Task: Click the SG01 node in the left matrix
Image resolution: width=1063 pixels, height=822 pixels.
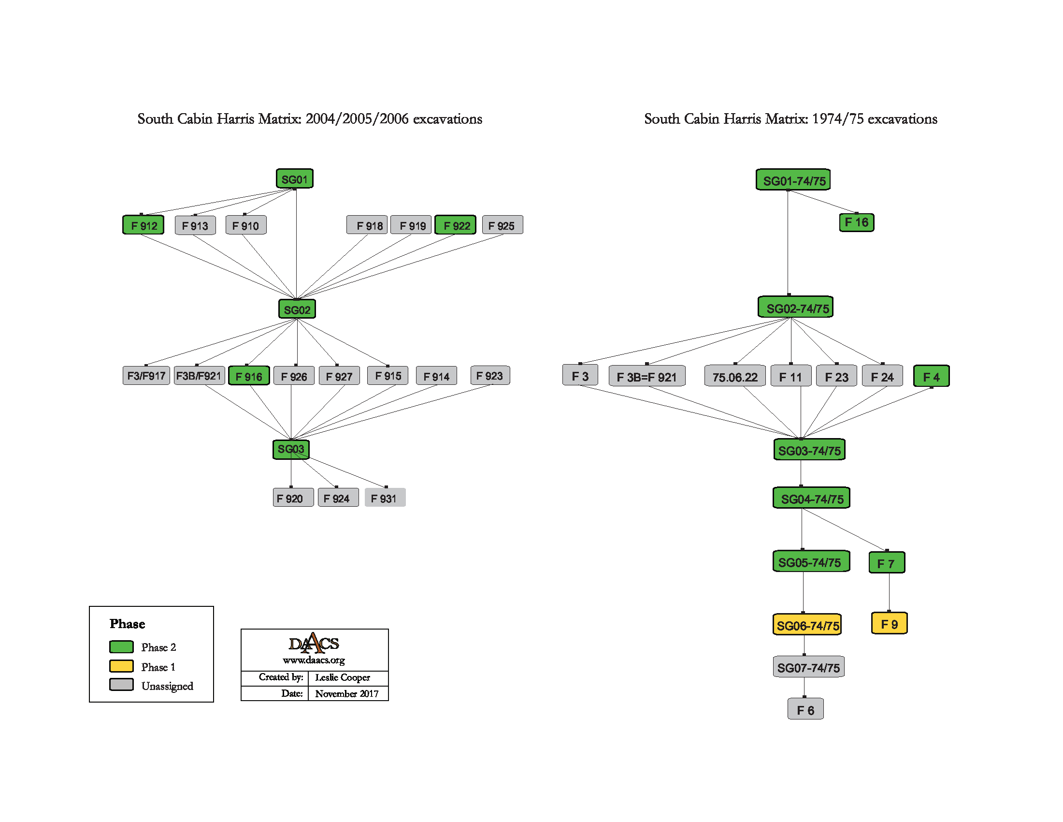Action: coord(294,179)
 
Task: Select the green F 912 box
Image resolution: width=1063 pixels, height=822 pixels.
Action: coord(144,225)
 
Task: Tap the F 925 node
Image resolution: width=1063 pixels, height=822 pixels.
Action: coord(503,225)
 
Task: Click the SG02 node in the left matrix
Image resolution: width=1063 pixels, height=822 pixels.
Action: coord(297,309)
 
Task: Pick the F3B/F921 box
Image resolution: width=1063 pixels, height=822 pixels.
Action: coord(199,376)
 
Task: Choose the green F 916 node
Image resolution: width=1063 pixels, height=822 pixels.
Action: coord(249,376)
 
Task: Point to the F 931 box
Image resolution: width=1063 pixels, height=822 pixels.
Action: coord(385,498)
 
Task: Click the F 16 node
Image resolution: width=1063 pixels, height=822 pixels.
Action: coord(857,222)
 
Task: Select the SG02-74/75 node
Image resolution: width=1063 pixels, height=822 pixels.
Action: coord(796,307)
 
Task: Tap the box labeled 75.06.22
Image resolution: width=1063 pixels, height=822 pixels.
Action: coord(734,376)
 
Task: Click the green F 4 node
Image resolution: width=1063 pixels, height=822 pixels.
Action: coord(931,376)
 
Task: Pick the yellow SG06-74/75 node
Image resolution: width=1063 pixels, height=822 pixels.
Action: coord(807,625)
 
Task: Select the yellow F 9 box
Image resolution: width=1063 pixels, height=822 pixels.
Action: coord(889,624)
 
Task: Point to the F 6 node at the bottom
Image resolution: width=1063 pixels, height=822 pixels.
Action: coord(805,709)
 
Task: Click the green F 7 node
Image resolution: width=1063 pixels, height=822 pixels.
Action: coord(887,563)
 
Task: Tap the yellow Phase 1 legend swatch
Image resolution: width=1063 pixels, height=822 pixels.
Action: coord(122,666)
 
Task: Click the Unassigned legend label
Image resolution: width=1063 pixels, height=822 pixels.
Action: coord(167,686)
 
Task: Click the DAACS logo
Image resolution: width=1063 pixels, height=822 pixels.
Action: coord(314,643)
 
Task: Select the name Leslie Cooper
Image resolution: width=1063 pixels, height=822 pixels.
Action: coord(342,677)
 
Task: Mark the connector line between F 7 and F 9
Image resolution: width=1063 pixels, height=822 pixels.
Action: coord(889,592)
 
